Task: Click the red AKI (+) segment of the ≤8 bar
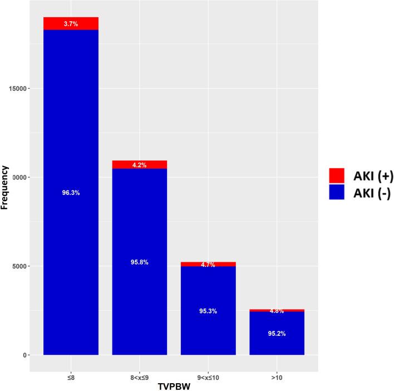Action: [x=71, y=23]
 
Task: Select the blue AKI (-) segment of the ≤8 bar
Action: [x=71, y=139]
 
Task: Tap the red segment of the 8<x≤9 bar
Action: [x=139, y=164]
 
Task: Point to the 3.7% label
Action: [x=71, y=25]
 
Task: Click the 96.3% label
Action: [x=71, y=193]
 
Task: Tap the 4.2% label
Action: [x=139, y=165]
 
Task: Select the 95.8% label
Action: [x=139, y=262]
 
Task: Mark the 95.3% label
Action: [x=208, y=311]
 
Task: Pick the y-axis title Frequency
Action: [x=5, y=187]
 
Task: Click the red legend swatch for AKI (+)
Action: [x=337, y=176]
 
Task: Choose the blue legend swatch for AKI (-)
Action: [x=337, y=192]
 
